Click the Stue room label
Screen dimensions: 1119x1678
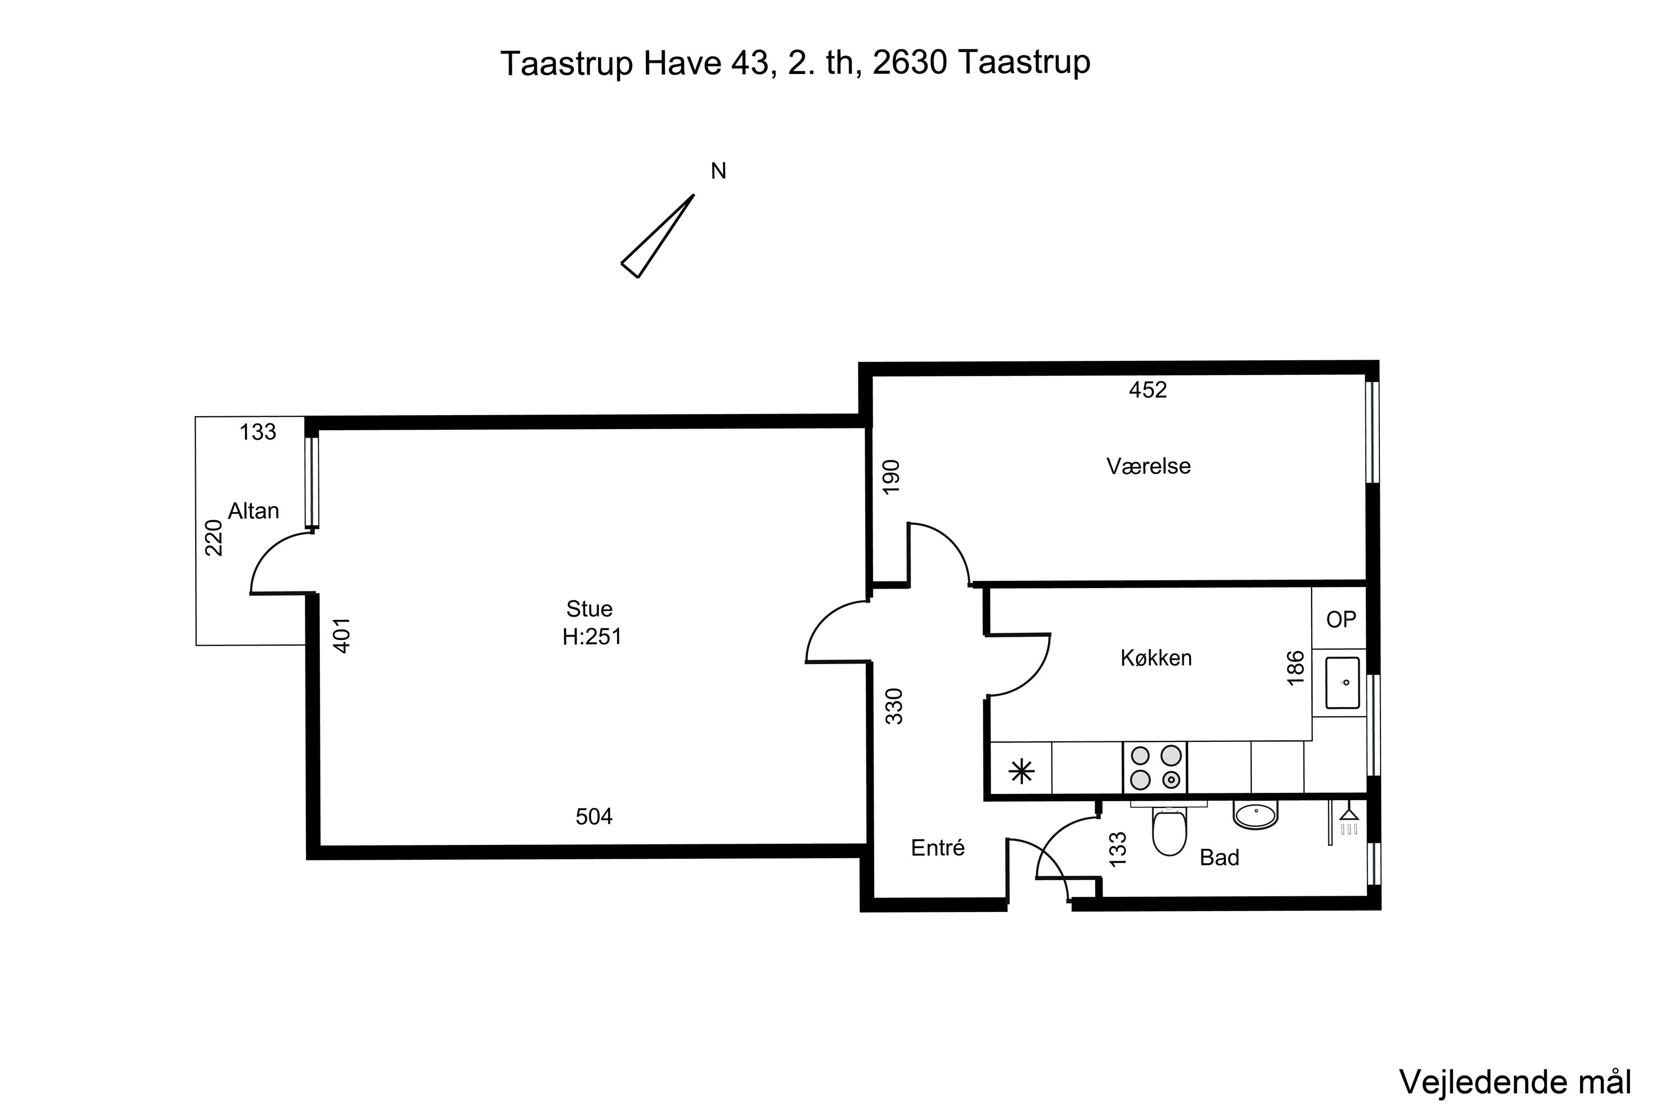(x=590, y=609)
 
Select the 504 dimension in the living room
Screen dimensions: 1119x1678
(x=593, y=816)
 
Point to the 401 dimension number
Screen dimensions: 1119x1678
(x=342, y=635)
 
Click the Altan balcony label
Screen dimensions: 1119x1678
(x=253, y=511)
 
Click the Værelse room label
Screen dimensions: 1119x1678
(x=1148, y=466)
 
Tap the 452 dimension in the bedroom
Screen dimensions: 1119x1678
(x=1147, y=389)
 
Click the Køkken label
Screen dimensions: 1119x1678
(x=1156, y=658)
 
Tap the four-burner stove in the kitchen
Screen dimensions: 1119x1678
(x=1154, y=767)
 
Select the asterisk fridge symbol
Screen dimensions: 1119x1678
(x=1022, y=772)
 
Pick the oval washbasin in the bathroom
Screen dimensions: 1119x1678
(x=1255, y=815)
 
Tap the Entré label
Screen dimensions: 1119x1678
(x=937, y=848)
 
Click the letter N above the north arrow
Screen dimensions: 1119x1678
(x=718, y=171)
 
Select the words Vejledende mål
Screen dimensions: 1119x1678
(x=1515, y=1083)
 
